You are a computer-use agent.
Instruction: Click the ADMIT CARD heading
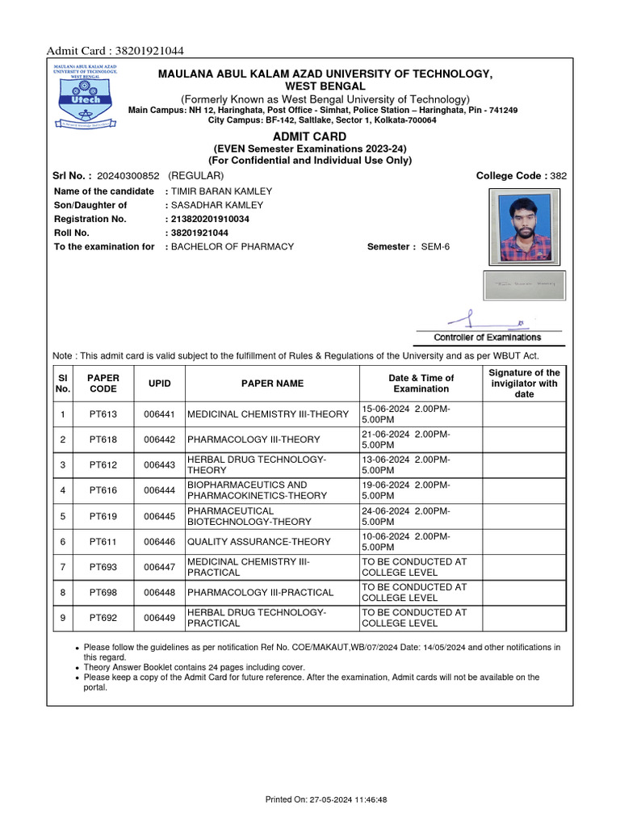[309, 136]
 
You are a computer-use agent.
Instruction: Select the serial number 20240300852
[128, 176]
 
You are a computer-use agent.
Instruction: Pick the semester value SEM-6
[435, 246]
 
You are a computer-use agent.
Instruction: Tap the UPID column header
[159, 384]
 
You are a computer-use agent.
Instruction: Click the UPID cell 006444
[159, 490]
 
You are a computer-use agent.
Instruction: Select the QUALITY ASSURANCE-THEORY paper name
[258, 541]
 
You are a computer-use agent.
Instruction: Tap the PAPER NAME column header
[273, 384]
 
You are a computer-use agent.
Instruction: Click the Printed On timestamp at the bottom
[326, 800]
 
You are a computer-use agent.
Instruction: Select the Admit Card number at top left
[115, 51]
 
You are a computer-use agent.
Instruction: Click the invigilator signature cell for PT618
[523, 439]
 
